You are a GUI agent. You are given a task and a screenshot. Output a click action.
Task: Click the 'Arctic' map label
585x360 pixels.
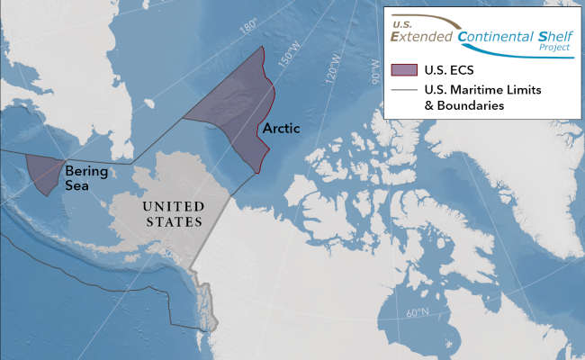tap(280, 130)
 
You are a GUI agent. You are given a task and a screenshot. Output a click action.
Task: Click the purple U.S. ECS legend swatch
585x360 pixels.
tap(405, 69)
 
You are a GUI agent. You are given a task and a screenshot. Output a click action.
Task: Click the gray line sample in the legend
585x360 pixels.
tap(405, 90)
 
